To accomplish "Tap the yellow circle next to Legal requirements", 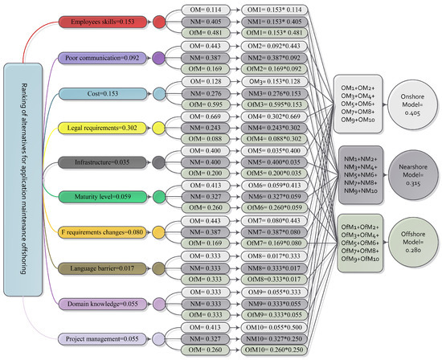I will coord(159,128).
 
